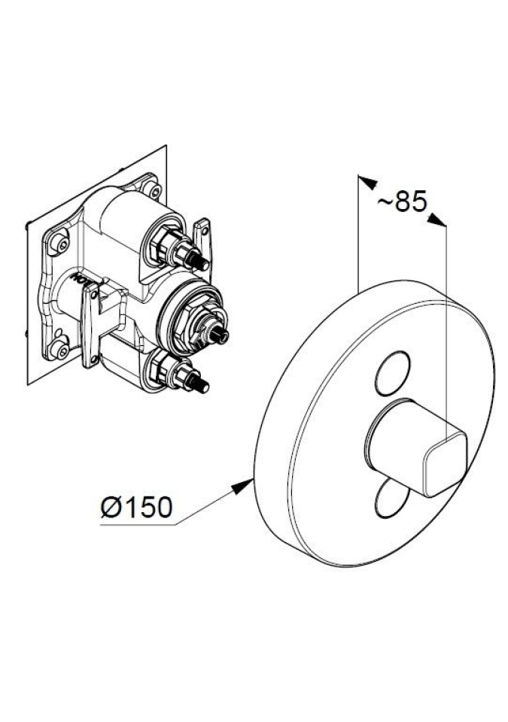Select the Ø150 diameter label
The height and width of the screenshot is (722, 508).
137,507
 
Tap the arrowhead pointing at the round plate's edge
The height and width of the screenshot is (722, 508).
243,487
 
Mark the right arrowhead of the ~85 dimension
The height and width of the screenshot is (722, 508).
437,220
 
